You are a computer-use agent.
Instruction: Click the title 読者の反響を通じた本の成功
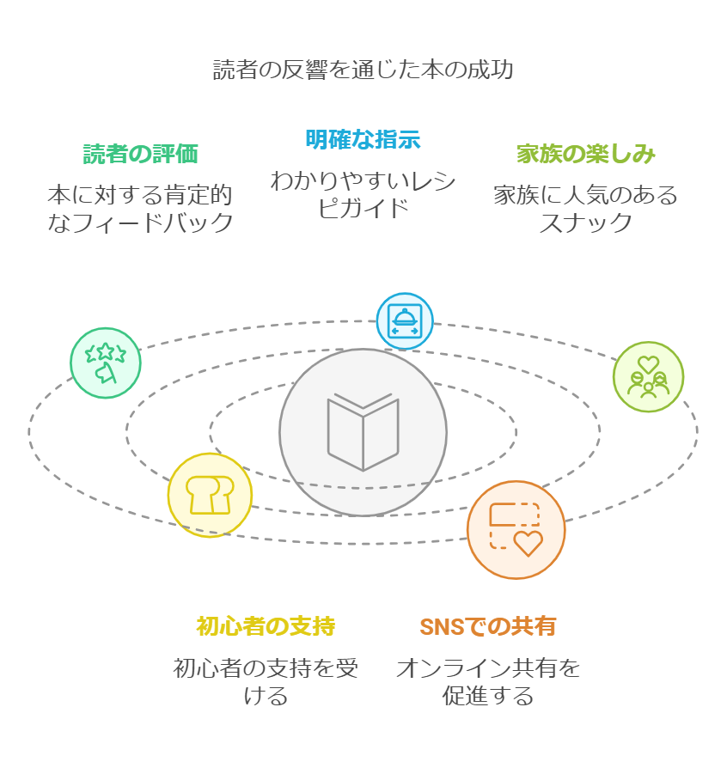(363, 70)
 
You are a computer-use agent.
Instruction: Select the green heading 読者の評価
(141, 154)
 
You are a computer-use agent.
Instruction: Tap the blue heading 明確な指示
(363, 139)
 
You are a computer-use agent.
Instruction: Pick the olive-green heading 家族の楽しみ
(585, 154)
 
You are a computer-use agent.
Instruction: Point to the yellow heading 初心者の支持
(266, 626)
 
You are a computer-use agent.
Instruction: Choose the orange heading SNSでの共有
(487, 626)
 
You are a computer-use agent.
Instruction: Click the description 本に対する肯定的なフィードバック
(141, 209)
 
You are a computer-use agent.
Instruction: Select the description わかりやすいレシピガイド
(363, 194)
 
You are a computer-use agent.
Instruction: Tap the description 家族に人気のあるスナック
(585, 209)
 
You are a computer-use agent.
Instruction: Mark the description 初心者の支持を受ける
(266, 681)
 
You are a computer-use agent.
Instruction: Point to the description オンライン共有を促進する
(487, 681)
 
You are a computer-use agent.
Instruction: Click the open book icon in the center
(363, 431)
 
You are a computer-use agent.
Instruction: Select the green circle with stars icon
(106, 363)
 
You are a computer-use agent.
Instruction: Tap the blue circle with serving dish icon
(404, 321)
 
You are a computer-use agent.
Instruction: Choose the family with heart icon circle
(648, 376)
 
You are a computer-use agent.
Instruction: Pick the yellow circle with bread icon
(210, 495)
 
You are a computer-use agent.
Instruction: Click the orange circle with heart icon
(516, 529)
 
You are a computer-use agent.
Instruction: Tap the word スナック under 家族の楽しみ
(585, 223)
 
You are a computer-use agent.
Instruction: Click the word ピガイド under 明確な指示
(363, 209)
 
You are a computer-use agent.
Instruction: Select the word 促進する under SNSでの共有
(487, 696)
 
